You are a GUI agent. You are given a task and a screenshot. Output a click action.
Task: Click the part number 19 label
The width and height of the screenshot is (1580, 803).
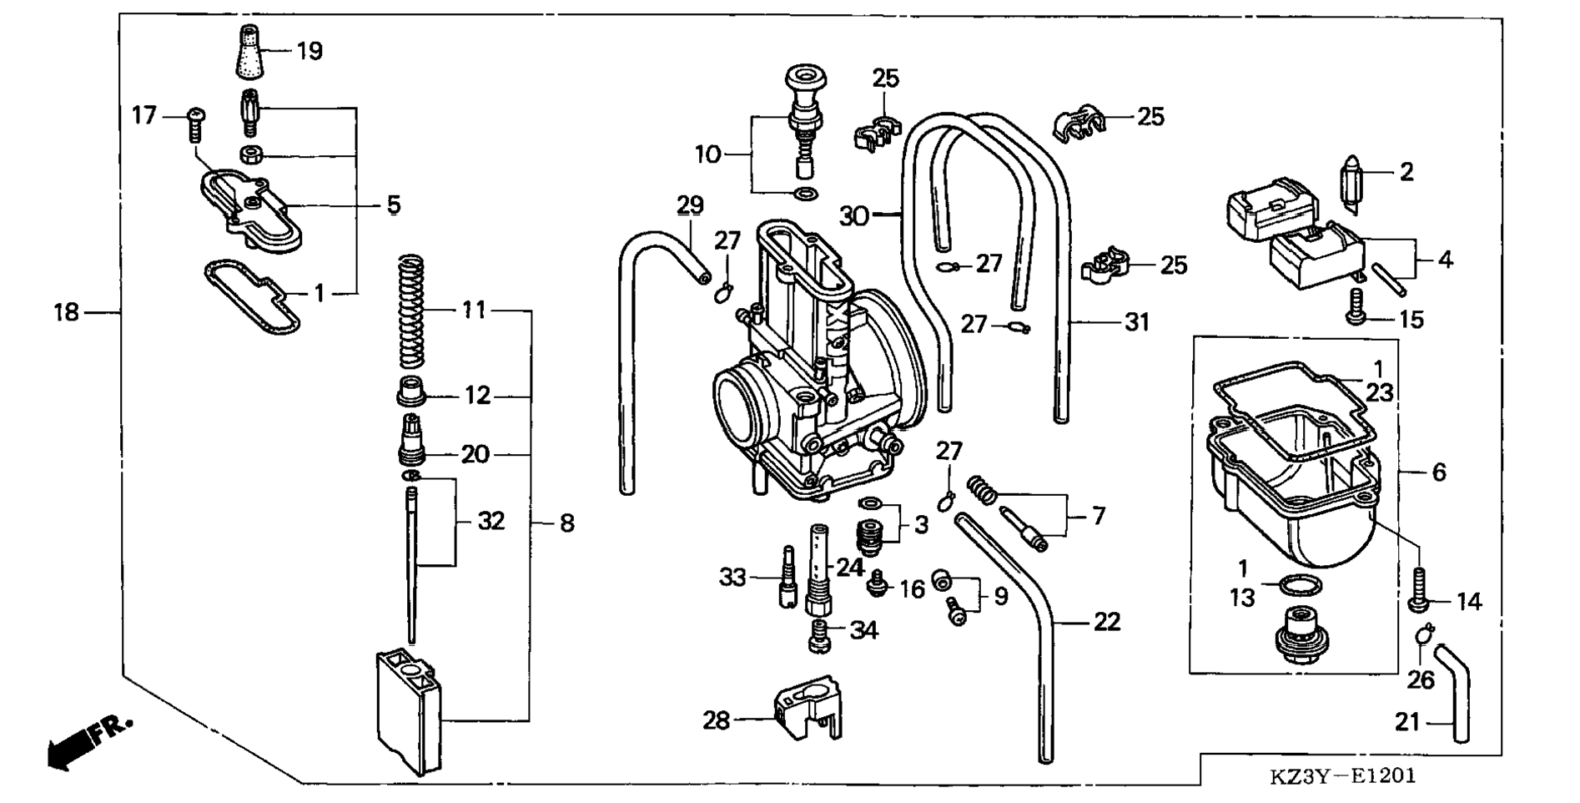click(309, 52)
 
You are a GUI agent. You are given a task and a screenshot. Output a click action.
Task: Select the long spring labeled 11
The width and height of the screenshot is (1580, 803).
click(410, 311)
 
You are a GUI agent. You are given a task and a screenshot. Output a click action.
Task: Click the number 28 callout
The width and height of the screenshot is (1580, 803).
click(716, 720)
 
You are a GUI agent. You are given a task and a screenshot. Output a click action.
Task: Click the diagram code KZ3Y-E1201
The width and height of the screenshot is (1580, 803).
click(1342, 776)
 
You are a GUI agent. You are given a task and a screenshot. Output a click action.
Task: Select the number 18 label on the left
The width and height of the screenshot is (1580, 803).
click(66, 312)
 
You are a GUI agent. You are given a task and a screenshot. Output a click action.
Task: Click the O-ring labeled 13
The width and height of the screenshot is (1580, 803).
click(1292, 586)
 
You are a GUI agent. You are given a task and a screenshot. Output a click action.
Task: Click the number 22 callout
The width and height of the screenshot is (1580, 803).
click(1106, 622)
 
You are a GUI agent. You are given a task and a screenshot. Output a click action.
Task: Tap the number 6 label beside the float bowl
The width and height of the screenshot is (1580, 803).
click(1438, 472)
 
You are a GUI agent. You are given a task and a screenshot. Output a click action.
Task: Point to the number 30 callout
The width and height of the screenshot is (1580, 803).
click(853, 216)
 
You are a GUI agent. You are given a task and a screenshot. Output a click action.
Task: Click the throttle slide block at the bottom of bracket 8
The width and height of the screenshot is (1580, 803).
click(409, 711)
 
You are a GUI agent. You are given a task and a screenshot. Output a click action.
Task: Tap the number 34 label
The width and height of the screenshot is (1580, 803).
click(863, 630)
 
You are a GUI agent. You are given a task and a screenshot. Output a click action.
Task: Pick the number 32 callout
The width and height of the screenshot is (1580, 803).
click(491, 521)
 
